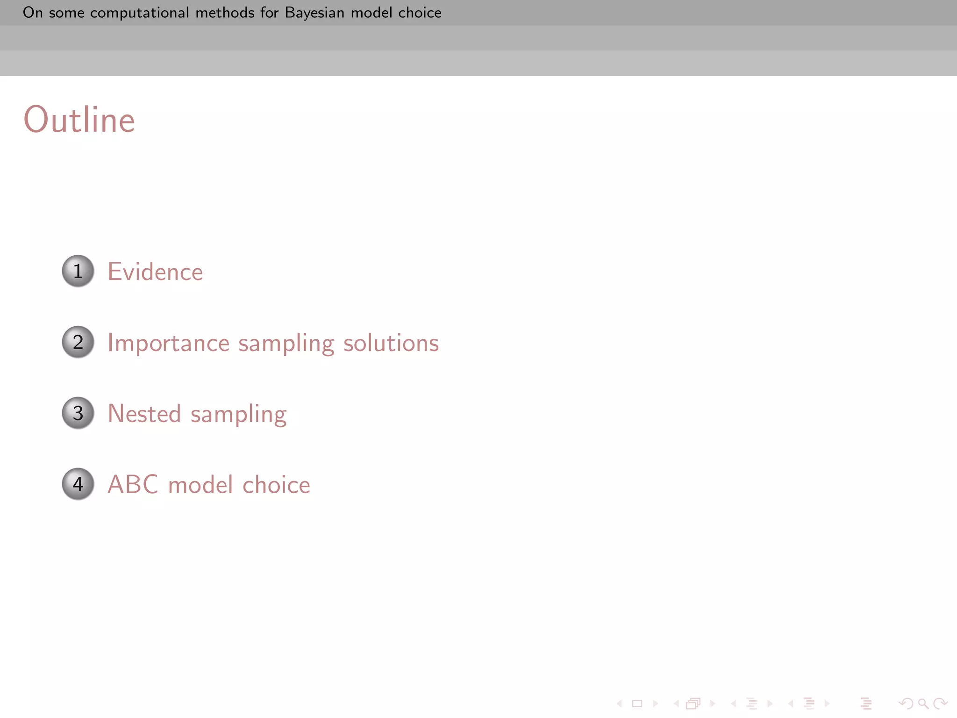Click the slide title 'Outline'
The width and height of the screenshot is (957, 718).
click(79, 120)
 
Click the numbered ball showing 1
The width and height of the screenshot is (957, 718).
click(78, 271)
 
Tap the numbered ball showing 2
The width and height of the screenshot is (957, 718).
click(78, 342)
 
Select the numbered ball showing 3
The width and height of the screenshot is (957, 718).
click(78, 413)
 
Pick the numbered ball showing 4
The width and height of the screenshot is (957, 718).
click(78, 484)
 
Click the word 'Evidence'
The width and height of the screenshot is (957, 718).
click(155, 272)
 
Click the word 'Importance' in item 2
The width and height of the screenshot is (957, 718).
click(168, 344)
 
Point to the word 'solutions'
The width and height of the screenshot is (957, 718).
click(391, 343)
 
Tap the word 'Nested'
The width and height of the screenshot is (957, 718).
click(144, 414)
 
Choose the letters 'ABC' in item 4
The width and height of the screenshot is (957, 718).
click(133, 485)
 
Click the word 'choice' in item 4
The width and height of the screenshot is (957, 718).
click(276, 485)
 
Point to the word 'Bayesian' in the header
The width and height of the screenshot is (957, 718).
click(314, 13)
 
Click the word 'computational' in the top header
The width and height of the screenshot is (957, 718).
click(139, 13)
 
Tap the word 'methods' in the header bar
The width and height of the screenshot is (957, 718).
click(225, 13)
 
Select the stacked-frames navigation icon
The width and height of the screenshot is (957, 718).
click(693, 703)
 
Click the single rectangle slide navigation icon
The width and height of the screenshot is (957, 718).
click(637, 703)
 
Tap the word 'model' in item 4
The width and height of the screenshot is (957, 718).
click(200, 485)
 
